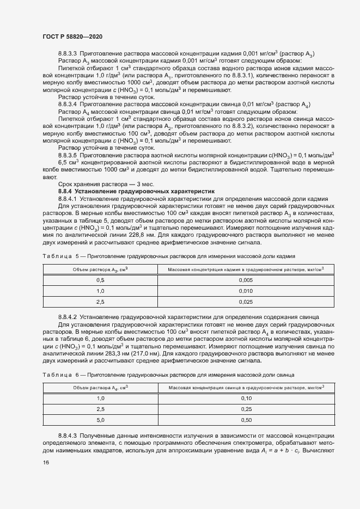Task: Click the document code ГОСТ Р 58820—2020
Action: pos(72,36)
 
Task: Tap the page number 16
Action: pos(45,462)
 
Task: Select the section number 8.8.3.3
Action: pos(68,53)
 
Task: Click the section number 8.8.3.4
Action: pos(68,103)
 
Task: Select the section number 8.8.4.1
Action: pos(68,199)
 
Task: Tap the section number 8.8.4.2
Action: pos(68,317)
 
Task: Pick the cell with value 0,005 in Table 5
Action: pos(246,279)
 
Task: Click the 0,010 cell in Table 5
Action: pos(246,290)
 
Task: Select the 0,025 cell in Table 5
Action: pos(246,301)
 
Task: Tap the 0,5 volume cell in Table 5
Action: pos(100,279)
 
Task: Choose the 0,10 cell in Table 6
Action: pos(246,398)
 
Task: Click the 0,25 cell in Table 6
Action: pos(246,409)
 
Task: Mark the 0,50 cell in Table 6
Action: pos(246,420)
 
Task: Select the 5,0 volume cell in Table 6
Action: pos(100,420)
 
